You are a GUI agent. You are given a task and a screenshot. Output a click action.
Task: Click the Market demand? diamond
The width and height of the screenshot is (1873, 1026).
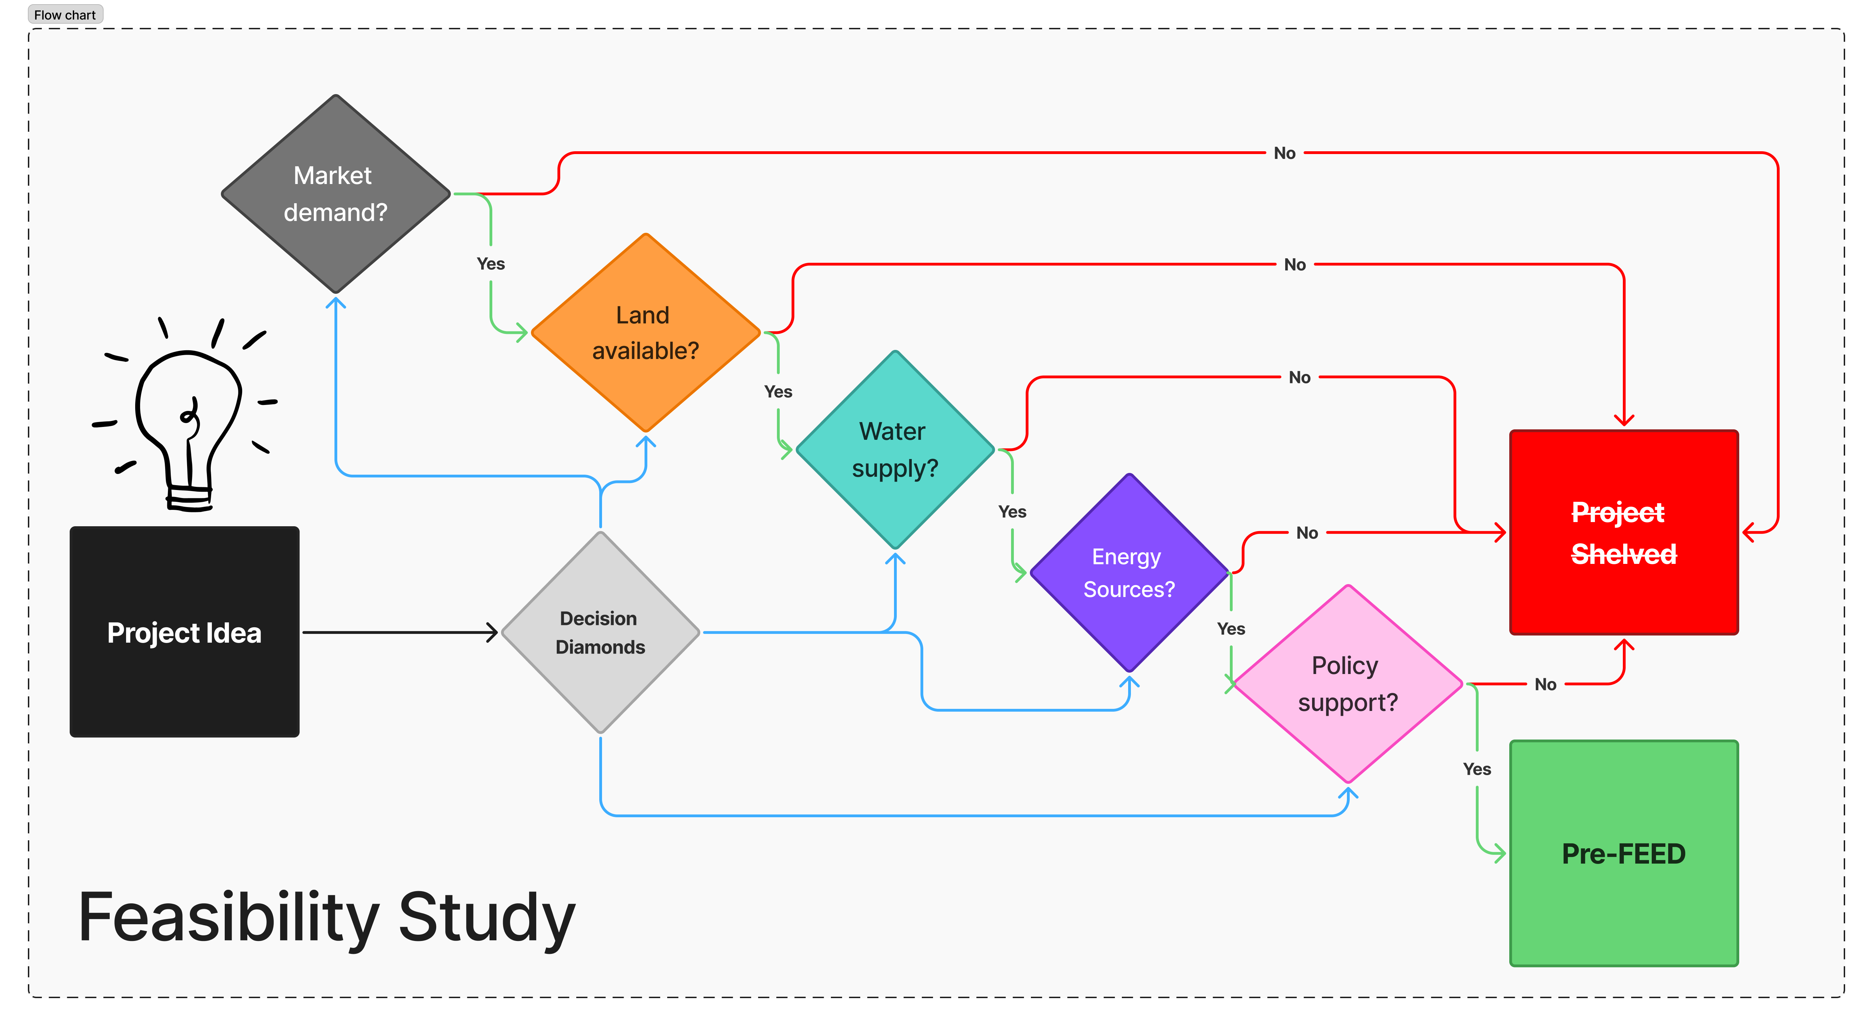click(335, 194)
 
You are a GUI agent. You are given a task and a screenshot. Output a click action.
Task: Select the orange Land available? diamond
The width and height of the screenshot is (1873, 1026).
click(645, 333)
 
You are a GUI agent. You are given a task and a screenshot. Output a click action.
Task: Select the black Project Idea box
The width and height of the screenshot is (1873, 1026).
click(184, 632)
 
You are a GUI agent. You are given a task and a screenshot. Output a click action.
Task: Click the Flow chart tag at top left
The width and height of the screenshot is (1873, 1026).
click(65, 15)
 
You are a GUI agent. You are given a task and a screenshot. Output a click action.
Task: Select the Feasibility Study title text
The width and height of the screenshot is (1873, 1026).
click(326, 918)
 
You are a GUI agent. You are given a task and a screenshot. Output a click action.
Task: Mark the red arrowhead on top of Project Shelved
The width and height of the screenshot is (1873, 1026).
click(1624, 420)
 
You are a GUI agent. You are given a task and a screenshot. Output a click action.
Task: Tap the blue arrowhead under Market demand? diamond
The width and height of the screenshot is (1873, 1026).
click(335, 303)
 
